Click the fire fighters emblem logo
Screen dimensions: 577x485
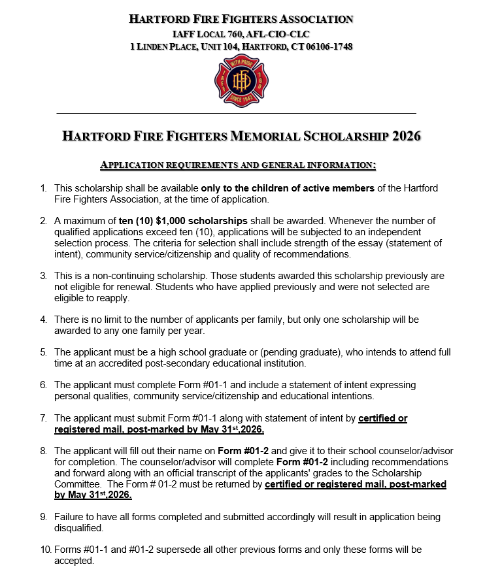coord(242,80)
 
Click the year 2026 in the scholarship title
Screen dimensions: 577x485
coord(407,137)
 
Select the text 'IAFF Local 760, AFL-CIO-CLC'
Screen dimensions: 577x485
coord(241,33)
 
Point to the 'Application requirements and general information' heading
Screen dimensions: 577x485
coord(238,165)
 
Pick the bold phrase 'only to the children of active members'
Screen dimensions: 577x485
coord(288,188)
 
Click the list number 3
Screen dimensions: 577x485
coord(43,276)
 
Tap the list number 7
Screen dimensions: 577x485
coord(43,418)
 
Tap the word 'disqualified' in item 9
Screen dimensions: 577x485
coord(78,528)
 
